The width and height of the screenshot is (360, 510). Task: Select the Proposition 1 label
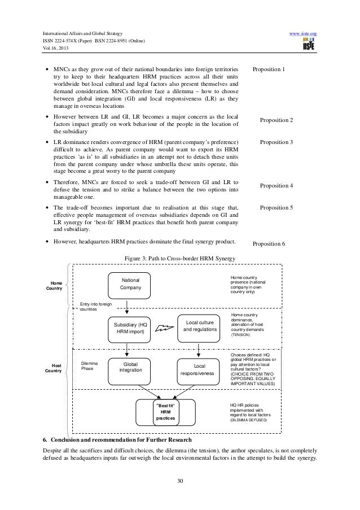pos(269,69)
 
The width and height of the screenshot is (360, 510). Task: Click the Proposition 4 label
pos(276,186)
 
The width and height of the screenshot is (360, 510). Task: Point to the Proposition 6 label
pos(269,244)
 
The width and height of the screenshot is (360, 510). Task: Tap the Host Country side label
pos(56,368)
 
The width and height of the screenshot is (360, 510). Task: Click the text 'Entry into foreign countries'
pos(96,307)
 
